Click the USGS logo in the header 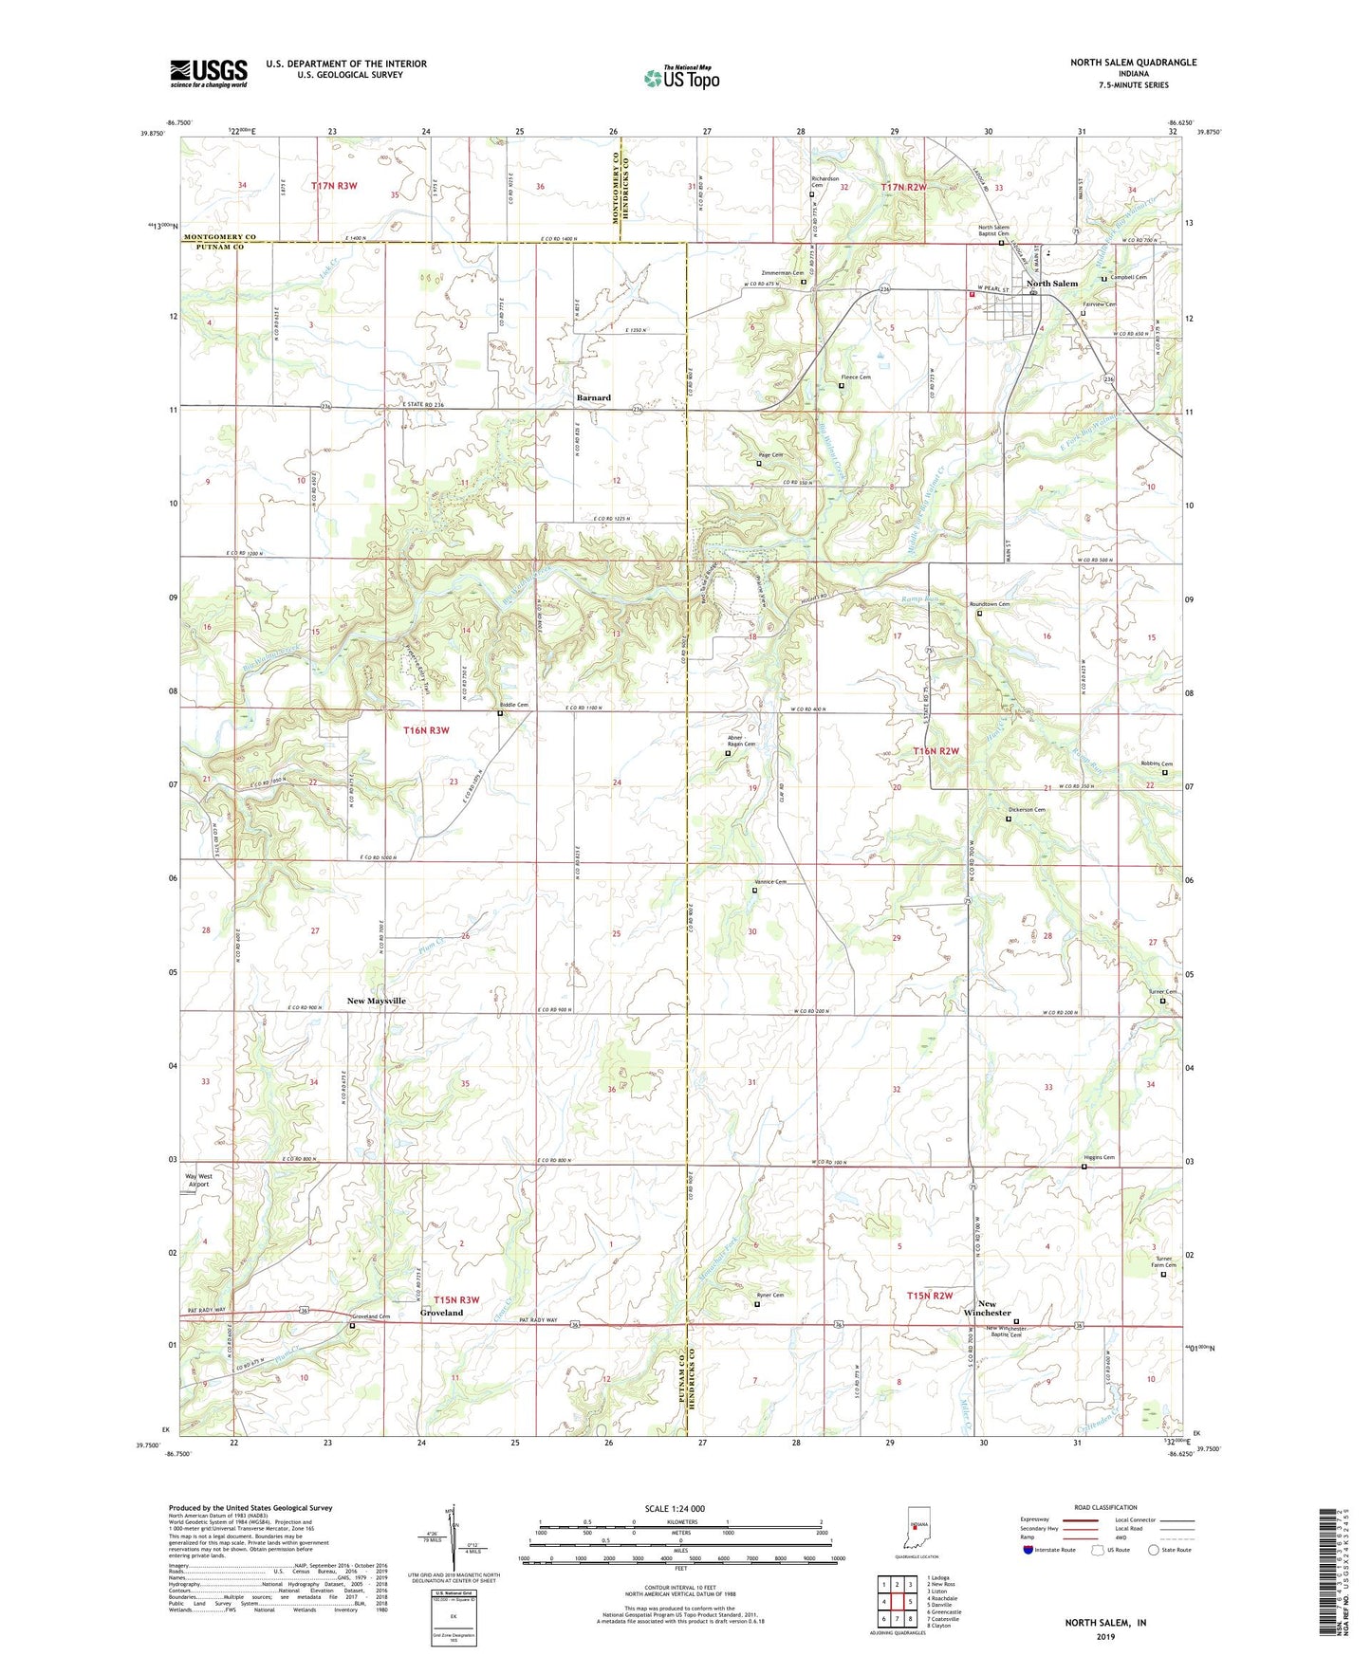209,72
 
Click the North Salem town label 1051,284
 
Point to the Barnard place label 593,397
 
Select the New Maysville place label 376,1001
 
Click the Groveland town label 441,1313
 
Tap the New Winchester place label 987,1308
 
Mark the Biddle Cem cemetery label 513,705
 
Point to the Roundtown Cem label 989,604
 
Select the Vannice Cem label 769,882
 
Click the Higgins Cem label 1099,1158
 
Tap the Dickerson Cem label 1026,810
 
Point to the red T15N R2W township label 929,1296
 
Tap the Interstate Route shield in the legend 1029,1550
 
